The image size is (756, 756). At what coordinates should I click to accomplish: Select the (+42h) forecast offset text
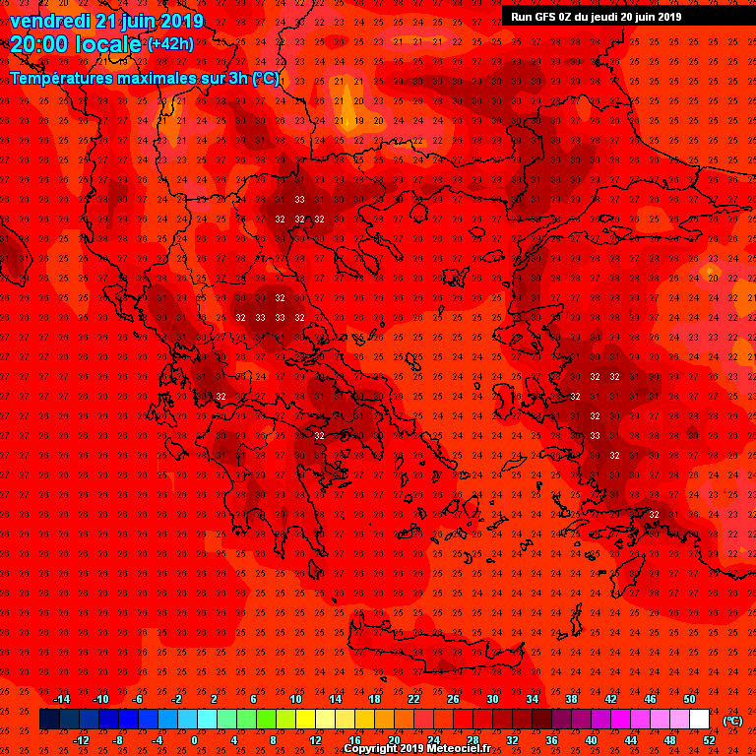pyautogui.click(x=170, y=43)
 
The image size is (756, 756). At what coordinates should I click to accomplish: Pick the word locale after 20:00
pyautogui.click(x=109, y=43)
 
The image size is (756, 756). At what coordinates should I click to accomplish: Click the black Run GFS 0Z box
pyautogui.click(x=597, y=16)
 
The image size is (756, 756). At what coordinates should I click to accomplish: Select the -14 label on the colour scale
pyautogui.click(x=61, y=699)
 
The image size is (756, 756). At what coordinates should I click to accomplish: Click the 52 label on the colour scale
pyautogui.click(x=709, y=739)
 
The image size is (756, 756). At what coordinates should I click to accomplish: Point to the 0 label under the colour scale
pyautogui.click(x=194, y=739)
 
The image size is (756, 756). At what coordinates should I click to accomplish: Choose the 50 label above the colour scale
pyautogui.click(x=689, y=699)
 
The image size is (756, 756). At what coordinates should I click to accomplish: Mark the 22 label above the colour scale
pyautogui.click(x=413, y=699)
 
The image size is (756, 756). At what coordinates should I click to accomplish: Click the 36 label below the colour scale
pyautogui.click(x=551, y=739)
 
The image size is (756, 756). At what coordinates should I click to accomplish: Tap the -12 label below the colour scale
pyautogui.click(x=81, y=739)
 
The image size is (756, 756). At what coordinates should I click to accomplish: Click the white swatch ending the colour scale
pyautogui.click(x=699, y=720)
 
